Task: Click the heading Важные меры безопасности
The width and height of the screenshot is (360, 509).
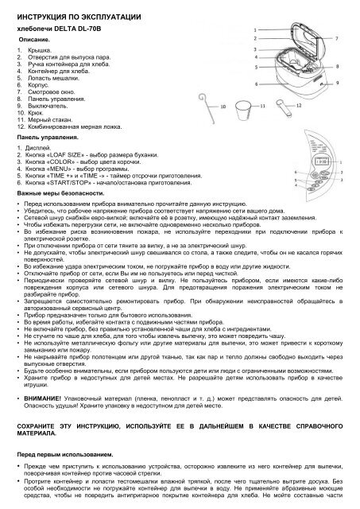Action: coord(61,194)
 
